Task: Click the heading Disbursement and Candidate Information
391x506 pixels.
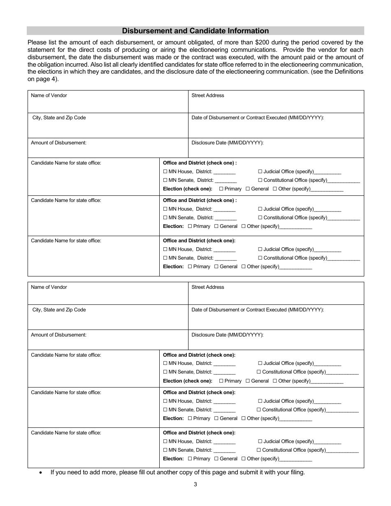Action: [195, 31]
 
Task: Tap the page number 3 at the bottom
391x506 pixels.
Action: [195, 484]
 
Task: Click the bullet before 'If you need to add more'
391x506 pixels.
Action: [40, 473]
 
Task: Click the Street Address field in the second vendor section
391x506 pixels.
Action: [276, 295]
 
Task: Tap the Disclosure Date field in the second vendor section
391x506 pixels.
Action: [276, 341]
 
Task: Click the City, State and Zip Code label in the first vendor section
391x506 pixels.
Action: [59, 118]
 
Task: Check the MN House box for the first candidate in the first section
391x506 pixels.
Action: [165, 172]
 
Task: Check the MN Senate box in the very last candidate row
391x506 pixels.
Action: [165, 450]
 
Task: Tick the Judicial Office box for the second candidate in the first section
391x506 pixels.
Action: [260, 209]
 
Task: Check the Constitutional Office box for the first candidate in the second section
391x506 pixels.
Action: [259, 372]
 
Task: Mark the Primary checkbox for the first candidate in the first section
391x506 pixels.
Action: [221, 189]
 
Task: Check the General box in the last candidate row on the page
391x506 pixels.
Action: [216, 459]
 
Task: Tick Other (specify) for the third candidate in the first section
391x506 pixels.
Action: [244, 267]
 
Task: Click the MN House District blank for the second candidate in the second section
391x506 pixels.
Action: [225, 402]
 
